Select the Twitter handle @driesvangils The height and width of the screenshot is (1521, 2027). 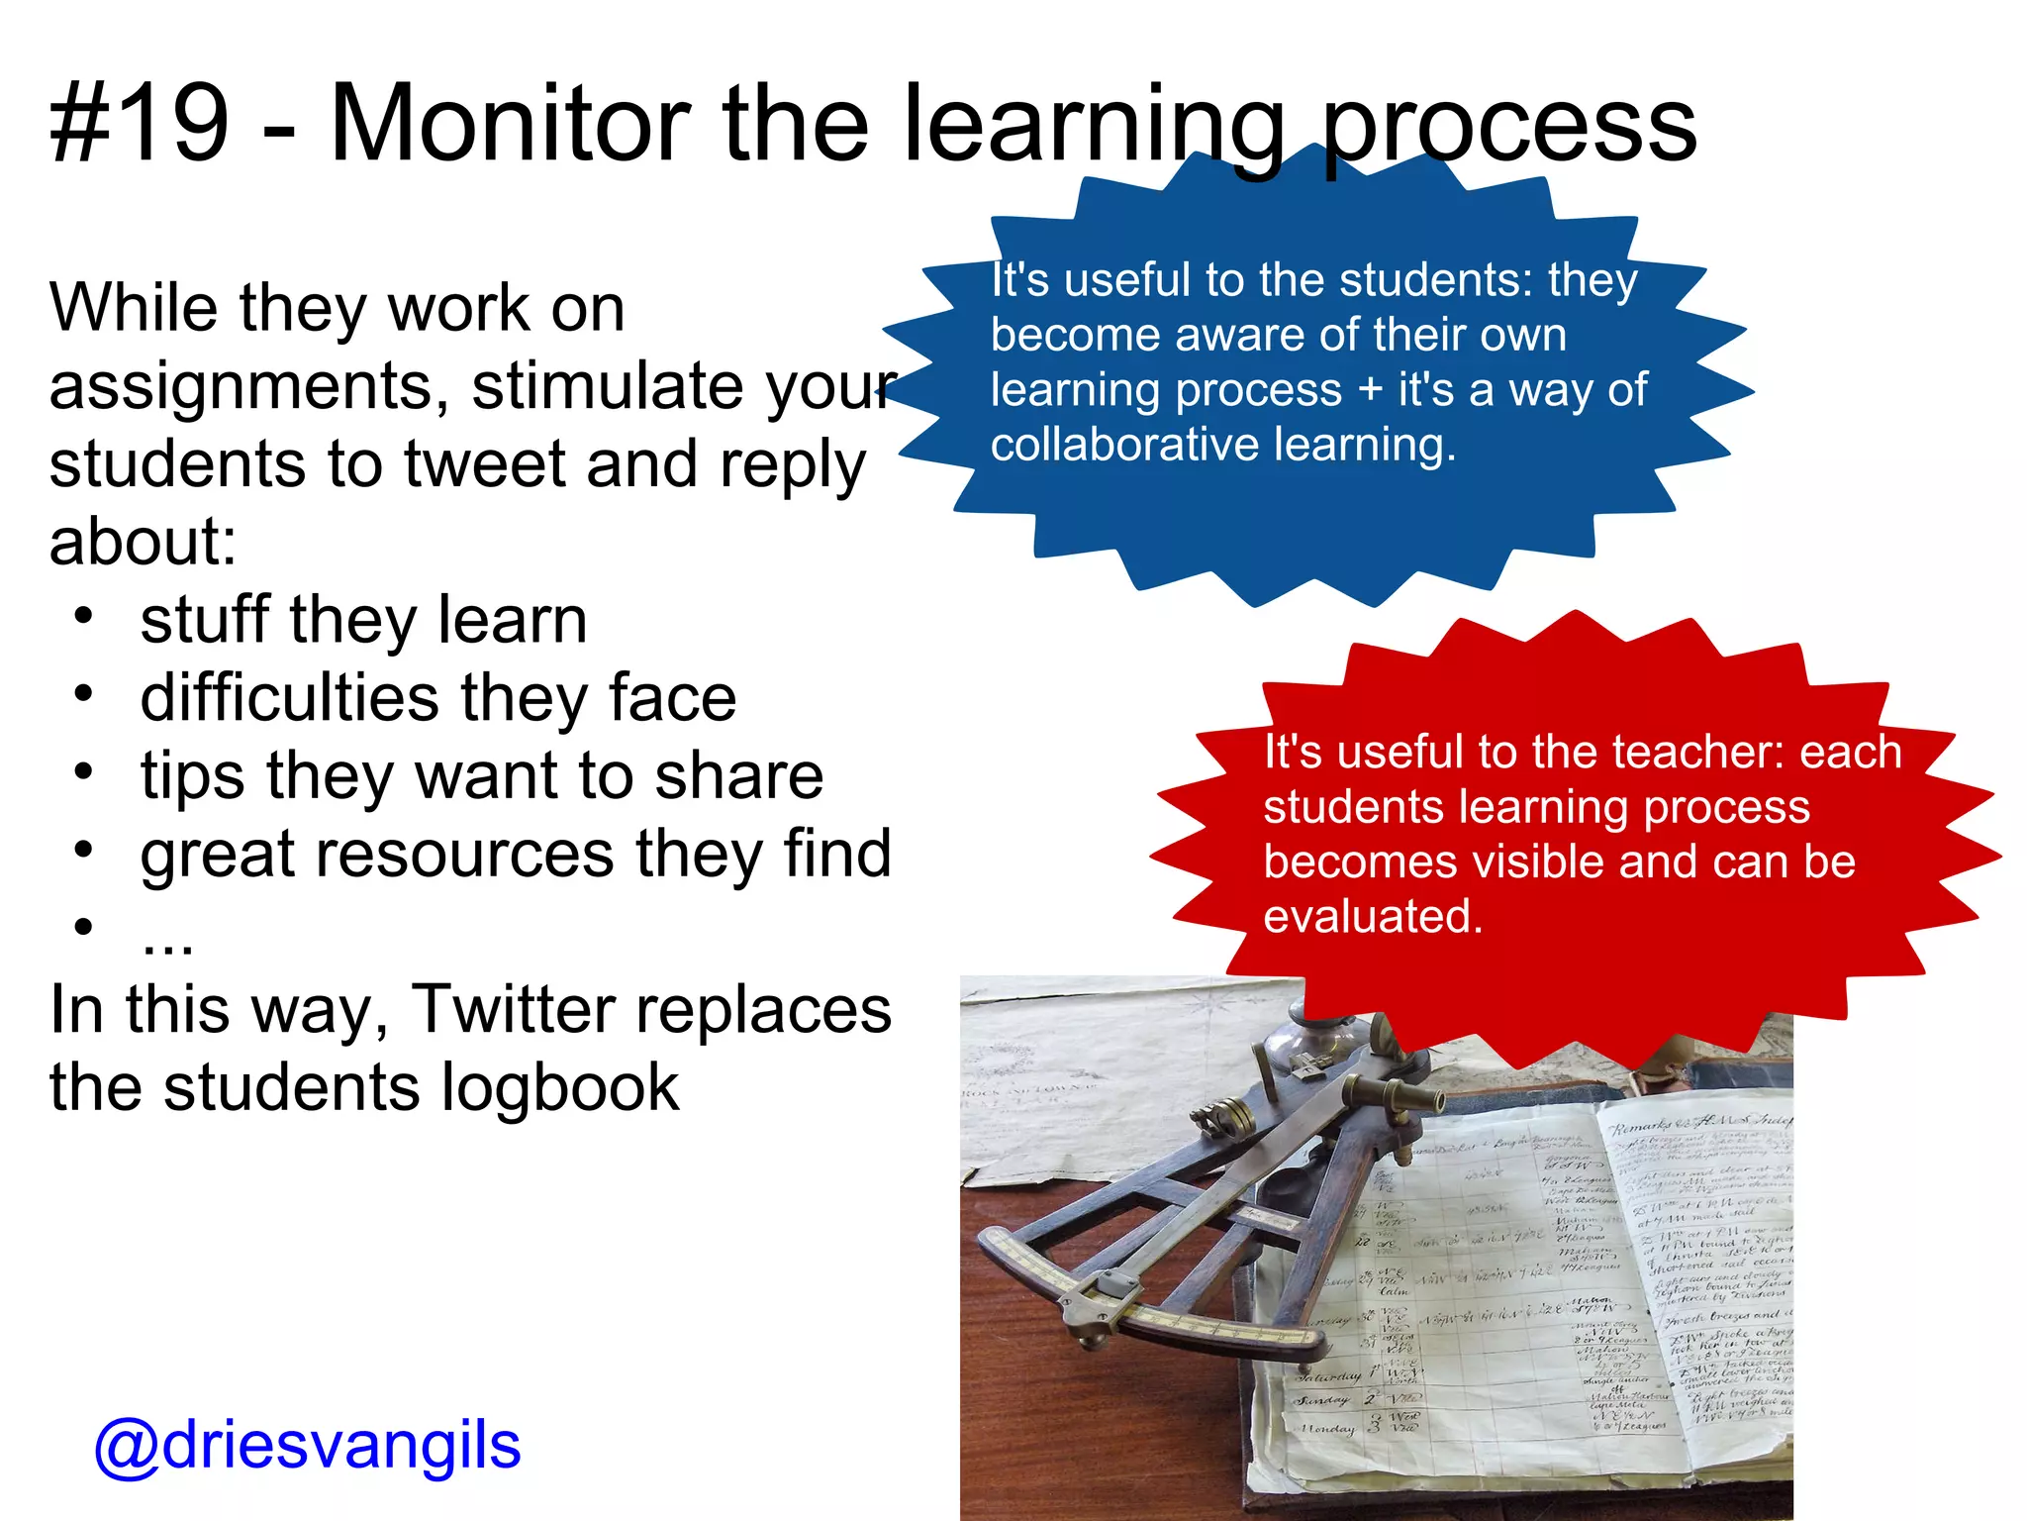[x=307, y=1446]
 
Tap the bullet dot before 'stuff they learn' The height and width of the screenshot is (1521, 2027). [x=84, y=615]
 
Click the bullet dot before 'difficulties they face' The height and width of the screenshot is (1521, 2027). [x=84, y=692]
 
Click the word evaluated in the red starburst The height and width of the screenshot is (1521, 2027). [x=1373, y=916]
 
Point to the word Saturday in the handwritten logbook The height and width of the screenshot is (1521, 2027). [x=1329, y=1376]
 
